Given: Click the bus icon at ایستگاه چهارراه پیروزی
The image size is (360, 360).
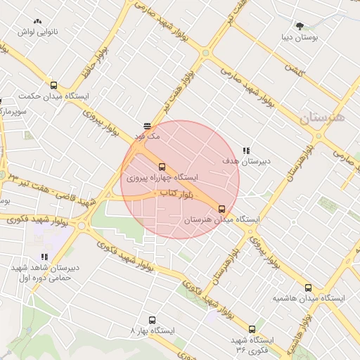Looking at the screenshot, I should (162, 167).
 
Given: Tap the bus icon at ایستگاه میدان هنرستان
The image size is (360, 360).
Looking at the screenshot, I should (222, 209).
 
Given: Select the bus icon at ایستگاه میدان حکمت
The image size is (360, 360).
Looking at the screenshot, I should (53, 85).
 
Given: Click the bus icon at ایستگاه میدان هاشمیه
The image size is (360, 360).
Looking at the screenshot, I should (308, 288).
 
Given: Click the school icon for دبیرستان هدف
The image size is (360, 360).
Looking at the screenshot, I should (246, 150).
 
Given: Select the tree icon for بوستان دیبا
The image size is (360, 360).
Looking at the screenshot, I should (300, 25).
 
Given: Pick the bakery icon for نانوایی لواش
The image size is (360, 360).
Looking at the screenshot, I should (38, 22).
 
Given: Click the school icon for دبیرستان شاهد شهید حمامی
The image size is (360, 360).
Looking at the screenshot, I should (44, 257).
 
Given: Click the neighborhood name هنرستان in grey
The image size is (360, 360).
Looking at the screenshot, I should (322, 117).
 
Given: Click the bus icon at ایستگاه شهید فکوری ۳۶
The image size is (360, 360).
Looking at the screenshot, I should (252, 328).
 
